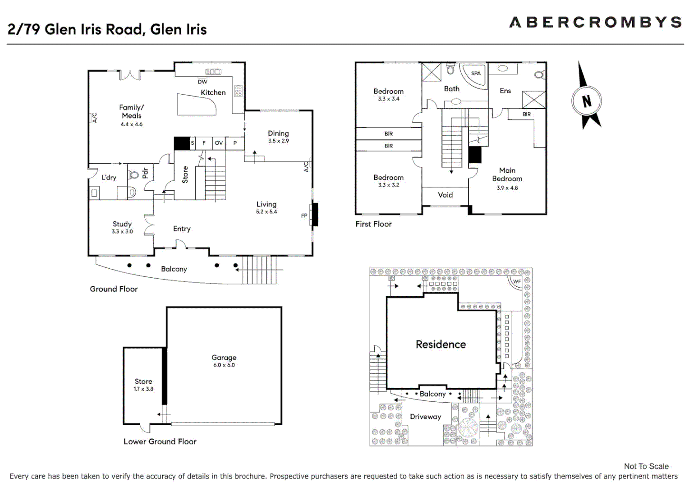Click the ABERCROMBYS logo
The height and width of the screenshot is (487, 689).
pos(595,23)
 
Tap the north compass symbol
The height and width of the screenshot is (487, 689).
pos(586,100)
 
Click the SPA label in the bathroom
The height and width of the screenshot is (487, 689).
pos(476,74)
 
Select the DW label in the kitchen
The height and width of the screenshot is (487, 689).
pos(202,82)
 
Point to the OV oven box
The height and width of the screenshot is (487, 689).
pos(219,143)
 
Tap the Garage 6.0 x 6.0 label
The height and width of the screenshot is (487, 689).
pos(224,361)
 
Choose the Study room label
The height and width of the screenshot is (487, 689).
pos(122,227)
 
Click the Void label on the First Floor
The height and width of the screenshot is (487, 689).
pos(445,195)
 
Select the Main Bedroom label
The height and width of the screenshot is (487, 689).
pos(507,178)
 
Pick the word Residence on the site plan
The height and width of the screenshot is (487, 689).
pos(441,345)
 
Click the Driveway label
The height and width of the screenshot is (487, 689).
pos(425,417)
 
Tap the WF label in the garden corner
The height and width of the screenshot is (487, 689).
pos(517,281)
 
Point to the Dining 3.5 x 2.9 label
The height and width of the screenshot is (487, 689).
pos(278,136)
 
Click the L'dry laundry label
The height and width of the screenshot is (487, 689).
pos(109,177)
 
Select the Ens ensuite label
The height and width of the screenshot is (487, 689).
pos(505,91)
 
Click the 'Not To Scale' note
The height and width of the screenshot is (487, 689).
pos(646,466)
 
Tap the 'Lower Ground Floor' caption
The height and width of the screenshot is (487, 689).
pos(160,441)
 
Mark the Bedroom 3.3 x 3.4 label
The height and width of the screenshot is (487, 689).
pos(388,94)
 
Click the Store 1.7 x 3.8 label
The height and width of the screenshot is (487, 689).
pos(143,385)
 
